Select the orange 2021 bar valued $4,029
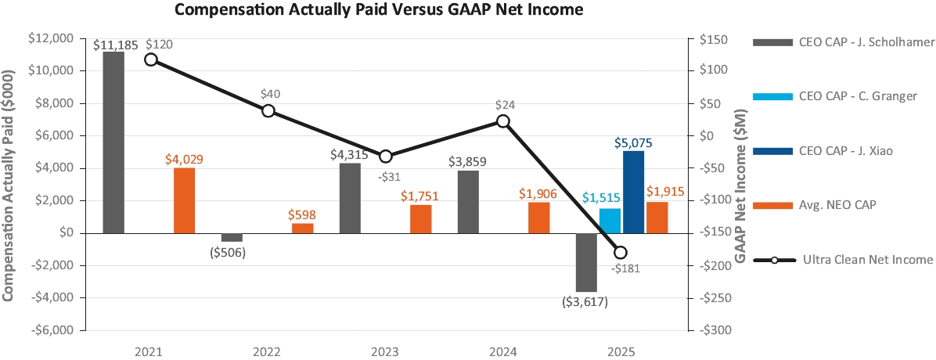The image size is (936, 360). tap(184, 200)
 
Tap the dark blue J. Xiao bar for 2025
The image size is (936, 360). tap(633, 192)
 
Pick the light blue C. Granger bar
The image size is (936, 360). tap(610, 221)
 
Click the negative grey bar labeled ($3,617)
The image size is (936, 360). tap(586, 262)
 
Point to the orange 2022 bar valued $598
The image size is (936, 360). tap(302, 228)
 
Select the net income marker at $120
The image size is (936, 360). tap(151, 59)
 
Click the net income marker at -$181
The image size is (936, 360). tap(621, 252)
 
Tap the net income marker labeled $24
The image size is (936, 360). tap(503, 121)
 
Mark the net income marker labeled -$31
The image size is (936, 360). tap(385, 157)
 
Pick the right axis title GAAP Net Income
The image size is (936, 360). tap(740, 184)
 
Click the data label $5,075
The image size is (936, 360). tap(632, 143)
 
